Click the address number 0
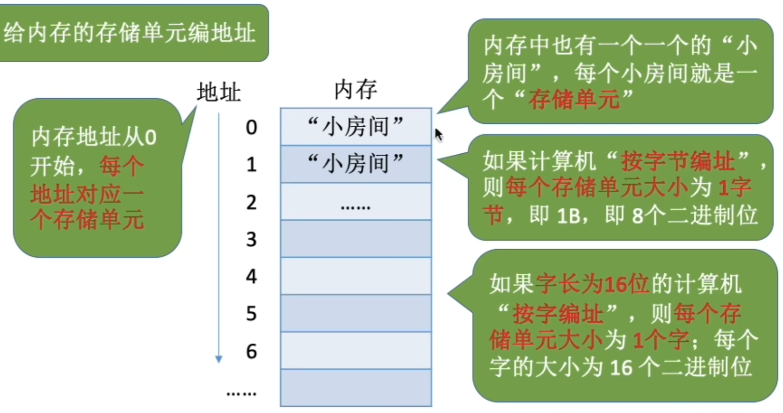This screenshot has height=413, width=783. [251, 127]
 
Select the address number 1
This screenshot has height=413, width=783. [251, 165]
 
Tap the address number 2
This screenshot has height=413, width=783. [251, 202]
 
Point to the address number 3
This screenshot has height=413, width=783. [251, 240]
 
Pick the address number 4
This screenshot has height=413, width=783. [251, 277]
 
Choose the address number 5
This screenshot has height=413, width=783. [251, 314]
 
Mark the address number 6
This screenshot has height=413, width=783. [251, 351]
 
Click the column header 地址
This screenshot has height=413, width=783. [219, 92]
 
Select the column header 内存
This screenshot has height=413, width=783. [356, 90]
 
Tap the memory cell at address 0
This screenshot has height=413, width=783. [356, 127]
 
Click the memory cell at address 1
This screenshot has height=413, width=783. [356, 164]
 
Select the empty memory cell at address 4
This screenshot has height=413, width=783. [356, 276]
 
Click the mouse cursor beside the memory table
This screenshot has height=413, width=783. [439, 134]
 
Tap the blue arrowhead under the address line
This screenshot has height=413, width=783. [219, 359]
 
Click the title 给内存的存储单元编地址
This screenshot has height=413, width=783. [129, 33]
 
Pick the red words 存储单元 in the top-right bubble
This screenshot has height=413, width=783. [574, 100]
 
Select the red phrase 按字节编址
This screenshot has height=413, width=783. [677, 161]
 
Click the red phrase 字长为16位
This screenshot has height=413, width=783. [592, 284]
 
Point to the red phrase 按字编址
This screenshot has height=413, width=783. [558, 314]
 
